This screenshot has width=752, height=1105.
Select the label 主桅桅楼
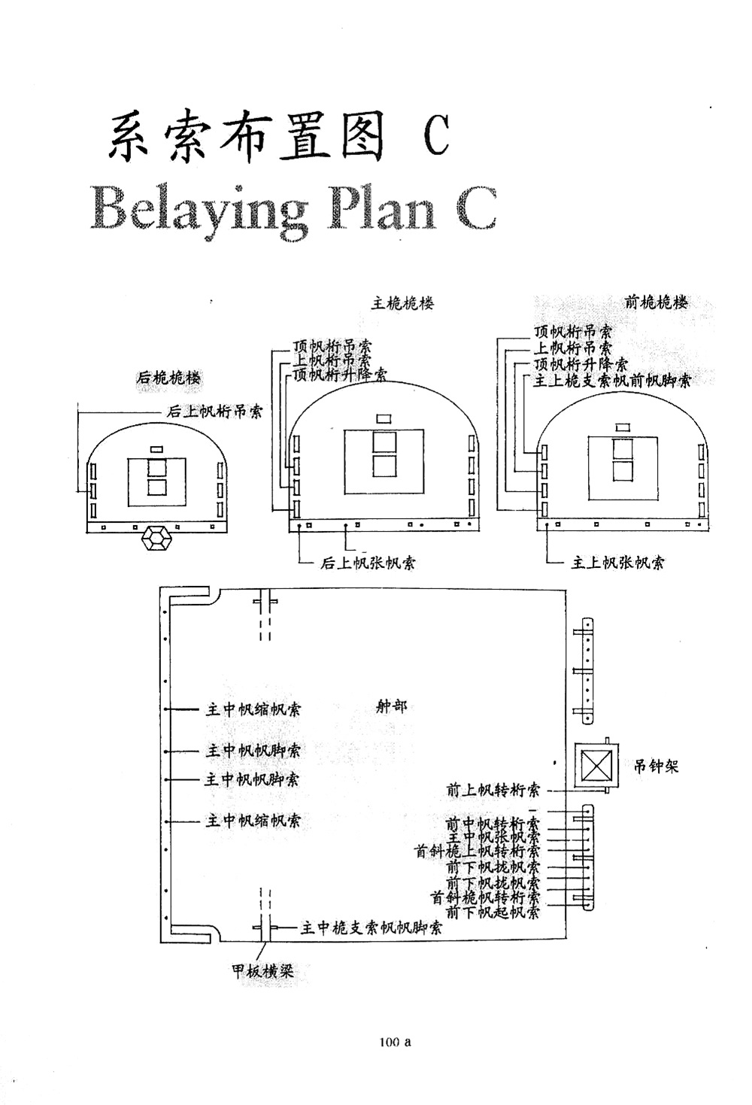403,303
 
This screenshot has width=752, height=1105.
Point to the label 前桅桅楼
656,302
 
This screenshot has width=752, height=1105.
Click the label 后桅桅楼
168,378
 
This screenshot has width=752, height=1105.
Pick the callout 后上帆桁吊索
214,411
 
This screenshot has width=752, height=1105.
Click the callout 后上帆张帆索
368,563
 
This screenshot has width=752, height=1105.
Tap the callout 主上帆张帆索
617,563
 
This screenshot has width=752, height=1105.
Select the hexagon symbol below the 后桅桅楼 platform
158,539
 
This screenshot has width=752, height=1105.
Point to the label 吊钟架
655,767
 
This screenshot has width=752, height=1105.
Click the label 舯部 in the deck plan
391,706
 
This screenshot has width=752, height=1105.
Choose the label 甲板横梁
262,972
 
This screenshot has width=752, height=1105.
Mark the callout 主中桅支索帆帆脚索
371,928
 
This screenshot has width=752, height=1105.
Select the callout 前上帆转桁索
493,790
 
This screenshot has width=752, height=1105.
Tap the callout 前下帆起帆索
493,912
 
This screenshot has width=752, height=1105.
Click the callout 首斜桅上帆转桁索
478,852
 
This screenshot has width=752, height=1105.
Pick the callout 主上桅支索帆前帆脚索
612,381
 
